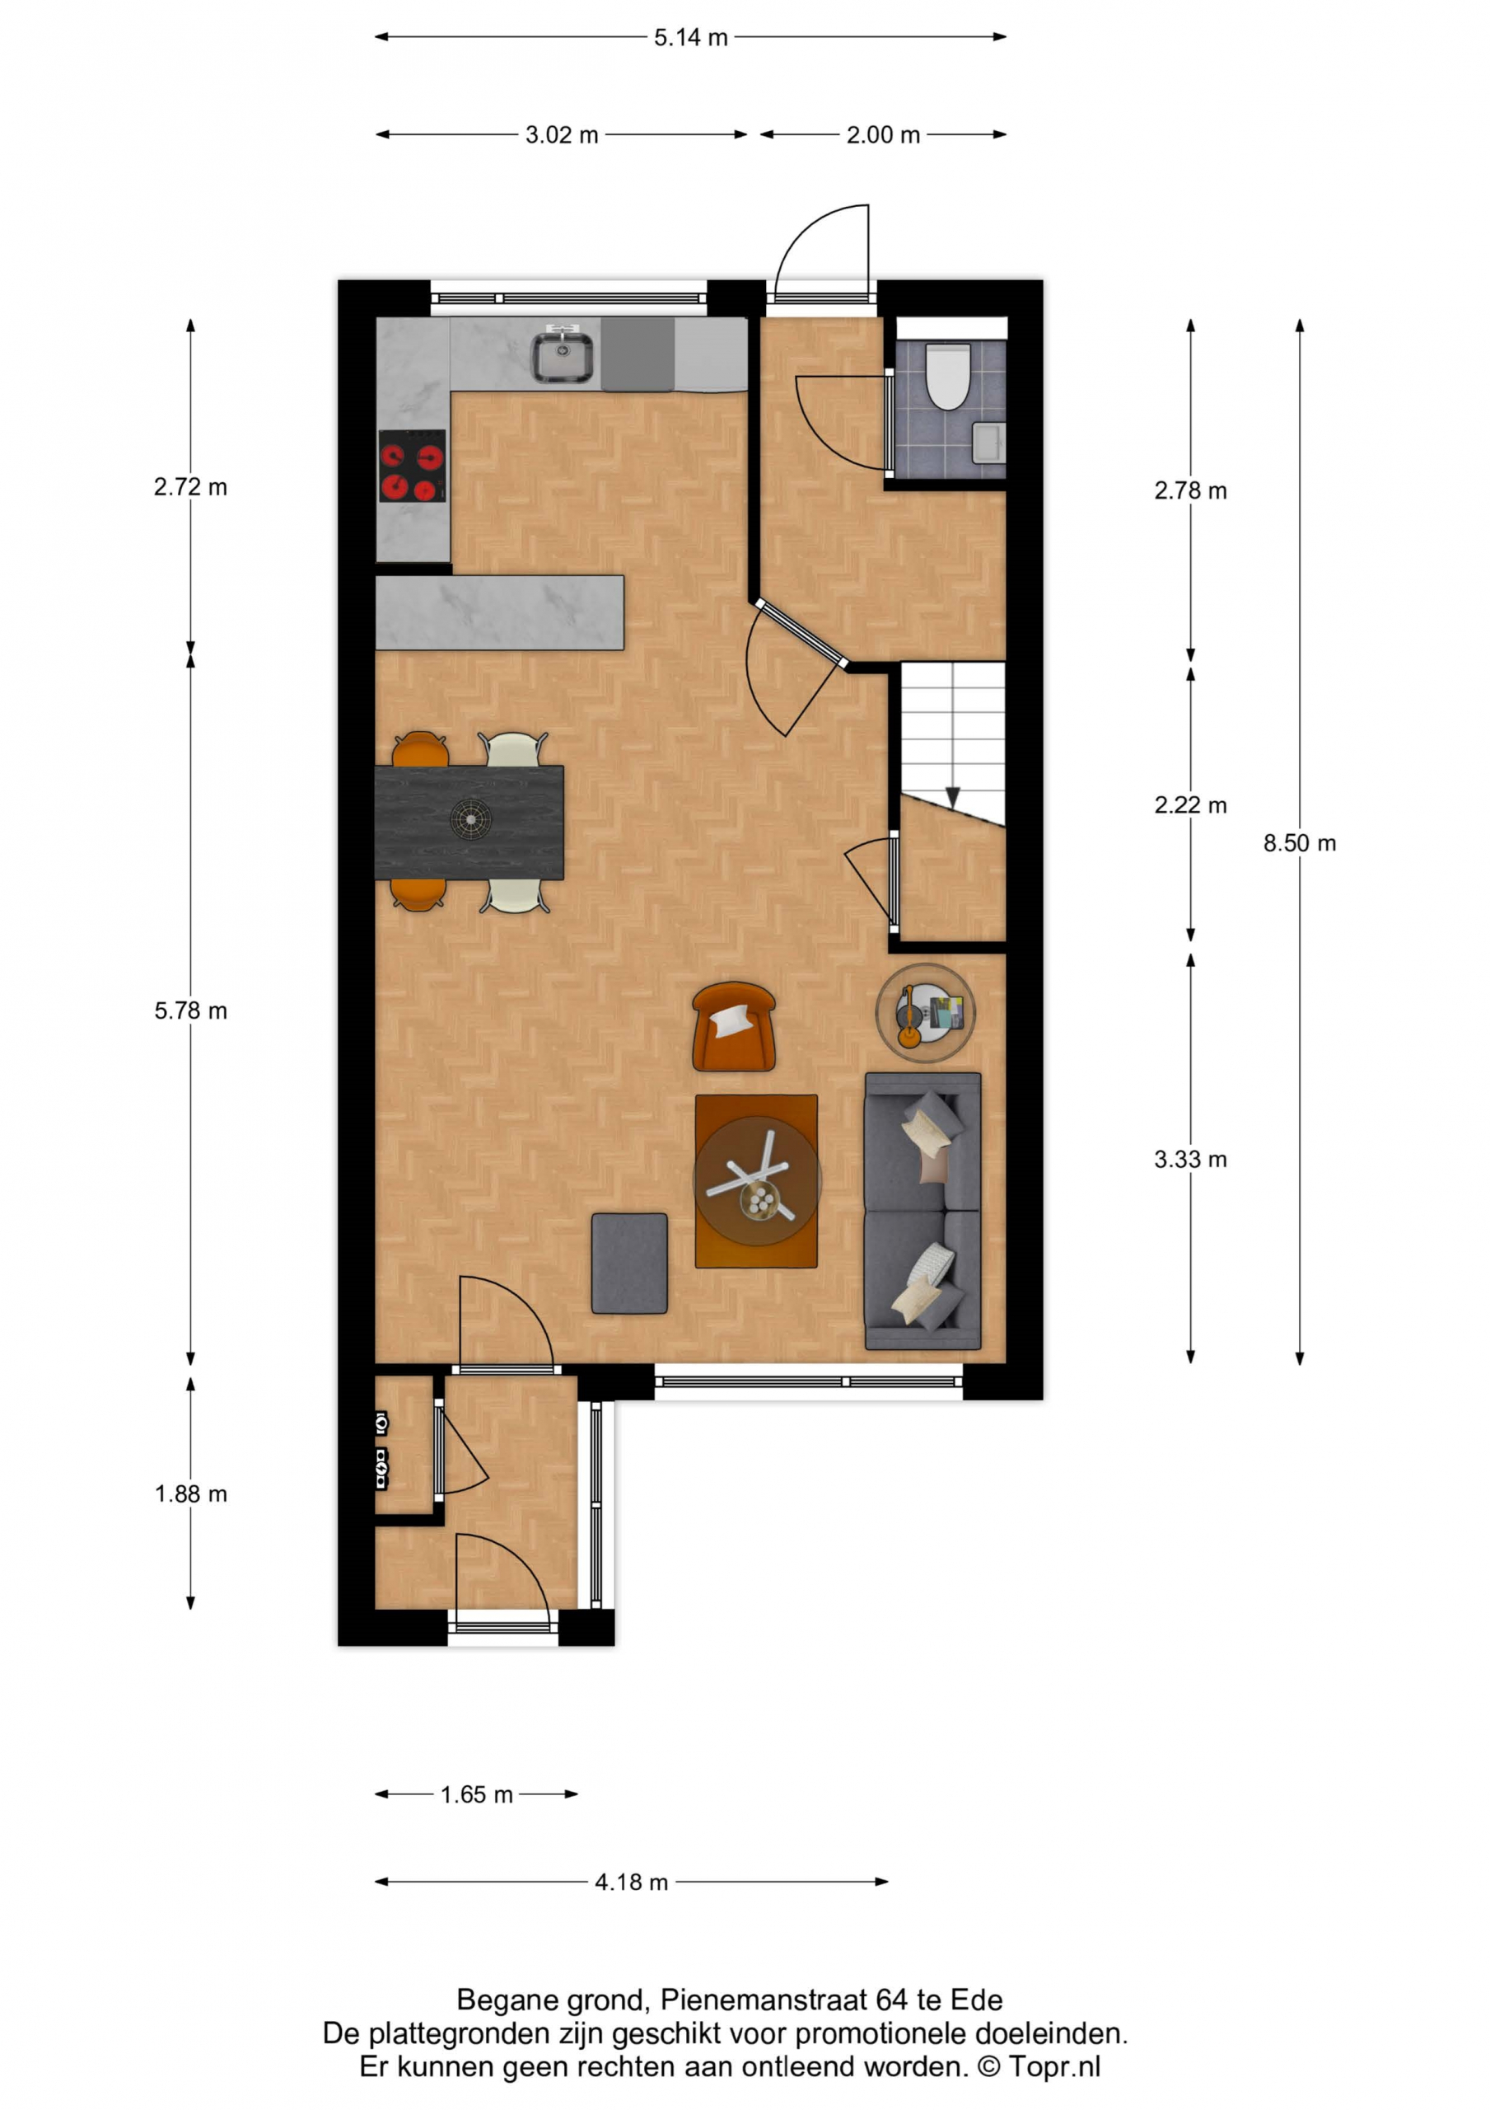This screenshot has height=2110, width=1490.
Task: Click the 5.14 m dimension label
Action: pos(690,38)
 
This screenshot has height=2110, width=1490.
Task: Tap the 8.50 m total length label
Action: pos(1299,844)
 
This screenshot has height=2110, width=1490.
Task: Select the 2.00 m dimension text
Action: pos(883,135)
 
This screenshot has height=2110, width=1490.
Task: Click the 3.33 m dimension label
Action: pos(1190,1160)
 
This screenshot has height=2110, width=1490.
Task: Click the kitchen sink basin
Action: pos(563,358)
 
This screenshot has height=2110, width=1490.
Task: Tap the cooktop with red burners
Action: pos(413,466)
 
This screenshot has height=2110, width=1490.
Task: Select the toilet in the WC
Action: pos(947,377)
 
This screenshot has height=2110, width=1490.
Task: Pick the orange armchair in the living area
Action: pos(733,1026)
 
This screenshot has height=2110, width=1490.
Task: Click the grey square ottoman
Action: pos(629,1264)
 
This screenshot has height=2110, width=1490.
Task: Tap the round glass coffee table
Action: pos(757,1182)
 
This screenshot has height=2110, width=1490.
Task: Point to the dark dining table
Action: pos(469,823)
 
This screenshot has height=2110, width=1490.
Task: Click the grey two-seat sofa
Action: pos(922,1212)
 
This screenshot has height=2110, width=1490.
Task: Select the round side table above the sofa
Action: pos(925,1013)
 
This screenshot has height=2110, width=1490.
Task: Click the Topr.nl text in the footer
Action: pos(1053,2067)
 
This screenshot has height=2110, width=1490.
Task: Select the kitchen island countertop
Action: pos(500,613)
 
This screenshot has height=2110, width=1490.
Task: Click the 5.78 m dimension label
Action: pos(190,1010)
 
